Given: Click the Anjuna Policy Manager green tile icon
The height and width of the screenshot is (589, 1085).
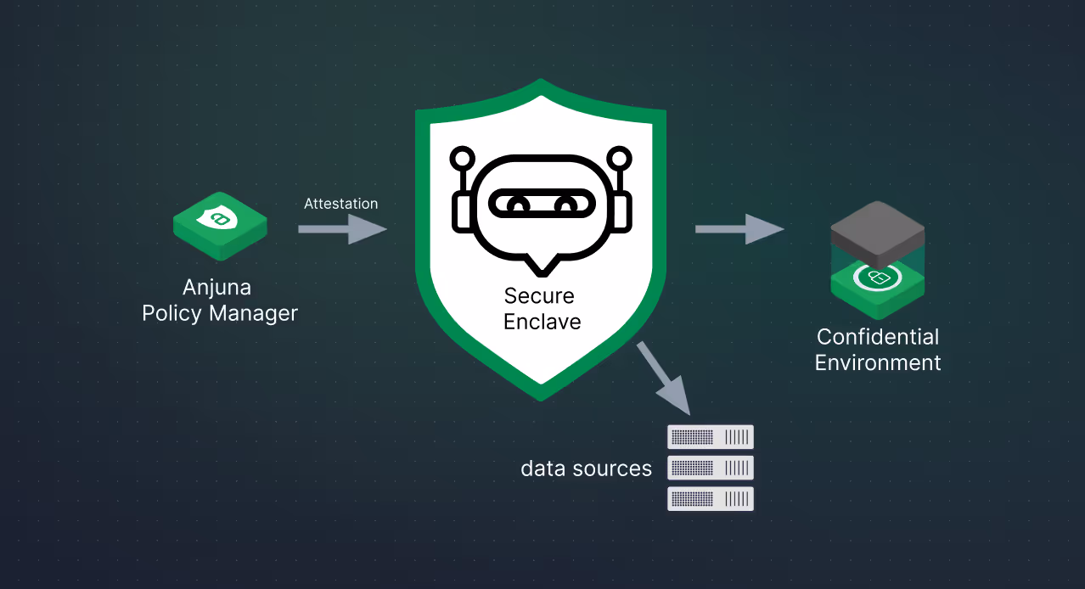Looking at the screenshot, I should pos(220,224).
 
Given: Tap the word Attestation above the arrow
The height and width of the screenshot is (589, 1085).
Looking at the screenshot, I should pos(340,204).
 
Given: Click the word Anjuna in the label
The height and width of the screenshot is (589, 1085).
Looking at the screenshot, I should pos(216,287).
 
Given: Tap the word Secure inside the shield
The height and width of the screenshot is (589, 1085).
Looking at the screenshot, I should pos(539,296).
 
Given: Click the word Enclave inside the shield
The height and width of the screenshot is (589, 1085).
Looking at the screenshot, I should pos(542,322).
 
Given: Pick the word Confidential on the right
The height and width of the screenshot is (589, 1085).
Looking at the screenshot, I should pos(878,337).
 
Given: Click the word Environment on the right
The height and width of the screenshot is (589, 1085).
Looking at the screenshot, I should pos(878,363).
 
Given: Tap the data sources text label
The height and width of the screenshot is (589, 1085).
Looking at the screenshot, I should pos(586,468).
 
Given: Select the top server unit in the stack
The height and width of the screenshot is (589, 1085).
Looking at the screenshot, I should pos(711,437).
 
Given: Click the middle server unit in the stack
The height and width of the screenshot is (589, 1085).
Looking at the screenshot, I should pos(711,468).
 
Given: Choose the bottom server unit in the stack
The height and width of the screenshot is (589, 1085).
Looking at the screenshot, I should pos(711,498).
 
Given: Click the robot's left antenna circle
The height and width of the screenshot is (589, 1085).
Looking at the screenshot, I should pos(462,158).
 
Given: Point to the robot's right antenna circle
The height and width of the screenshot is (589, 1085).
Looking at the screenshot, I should pos(621,158).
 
